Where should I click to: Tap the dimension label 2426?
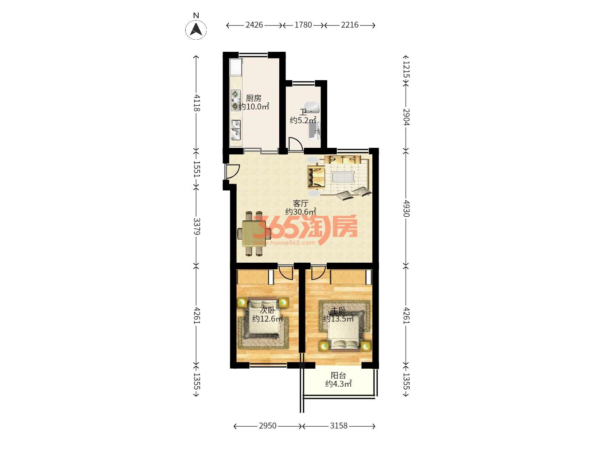coord(254,25)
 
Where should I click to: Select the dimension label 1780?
coord(303,25)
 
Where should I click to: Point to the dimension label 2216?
coord(350,25)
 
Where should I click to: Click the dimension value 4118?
coord(197,103)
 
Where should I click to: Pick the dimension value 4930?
coord(407,208)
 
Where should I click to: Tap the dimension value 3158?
coord(339,426)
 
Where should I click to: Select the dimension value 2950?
coord(268,426)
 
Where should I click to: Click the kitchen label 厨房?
coord(253,98)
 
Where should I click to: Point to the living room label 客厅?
coord(300,203)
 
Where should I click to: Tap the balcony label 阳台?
coord(338,375)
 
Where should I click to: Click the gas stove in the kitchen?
coord(235,100)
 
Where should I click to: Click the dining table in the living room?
coord(253,233)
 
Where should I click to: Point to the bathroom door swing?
coord(296,144)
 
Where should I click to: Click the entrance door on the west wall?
coord(232,171)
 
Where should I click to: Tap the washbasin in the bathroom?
coord(312,107)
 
